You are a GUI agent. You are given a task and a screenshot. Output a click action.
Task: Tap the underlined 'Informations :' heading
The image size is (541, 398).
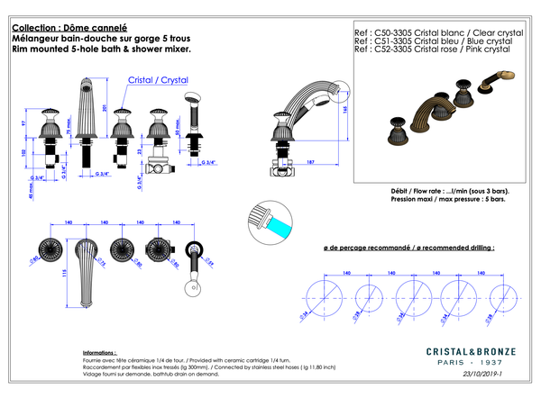[x=100, y=353]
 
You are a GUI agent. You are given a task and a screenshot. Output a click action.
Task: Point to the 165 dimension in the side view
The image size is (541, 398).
[x=346, y=109]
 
